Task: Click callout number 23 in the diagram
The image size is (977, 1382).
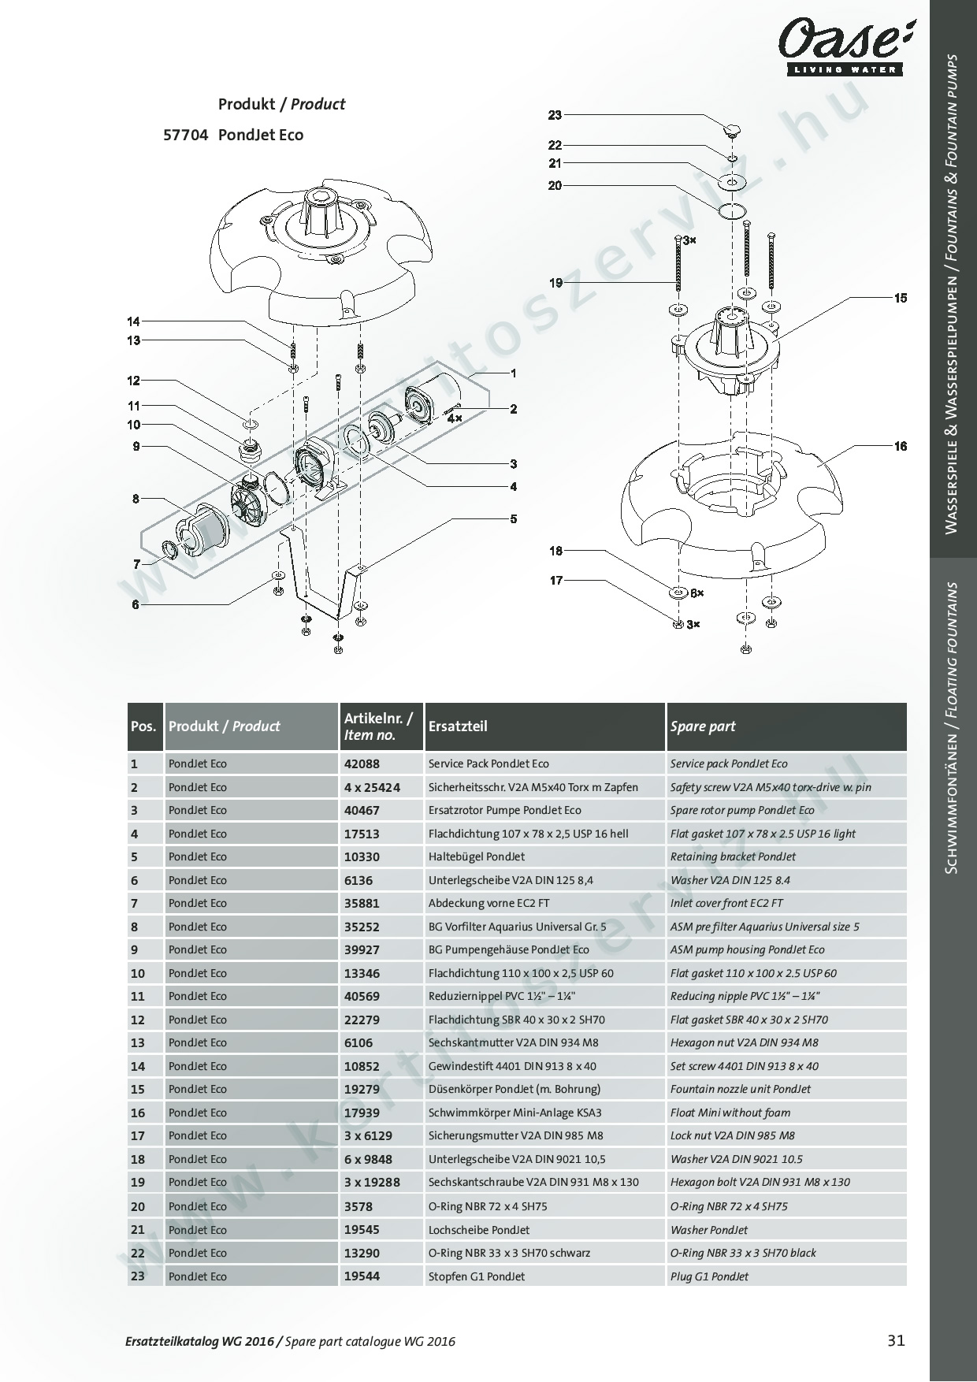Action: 555,115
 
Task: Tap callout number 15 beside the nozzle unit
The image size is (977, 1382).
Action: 901,298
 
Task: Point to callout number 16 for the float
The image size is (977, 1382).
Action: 901,446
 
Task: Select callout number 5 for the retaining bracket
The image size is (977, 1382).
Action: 514,518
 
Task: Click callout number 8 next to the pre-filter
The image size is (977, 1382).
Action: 136,498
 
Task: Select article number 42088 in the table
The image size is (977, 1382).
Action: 362,763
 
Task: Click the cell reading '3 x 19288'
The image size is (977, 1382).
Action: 372,1182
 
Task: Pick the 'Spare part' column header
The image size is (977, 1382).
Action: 702,726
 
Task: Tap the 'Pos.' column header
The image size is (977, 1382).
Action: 143,726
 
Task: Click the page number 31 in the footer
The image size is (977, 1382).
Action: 896,1340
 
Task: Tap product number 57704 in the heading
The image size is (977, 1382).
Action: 185,135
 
